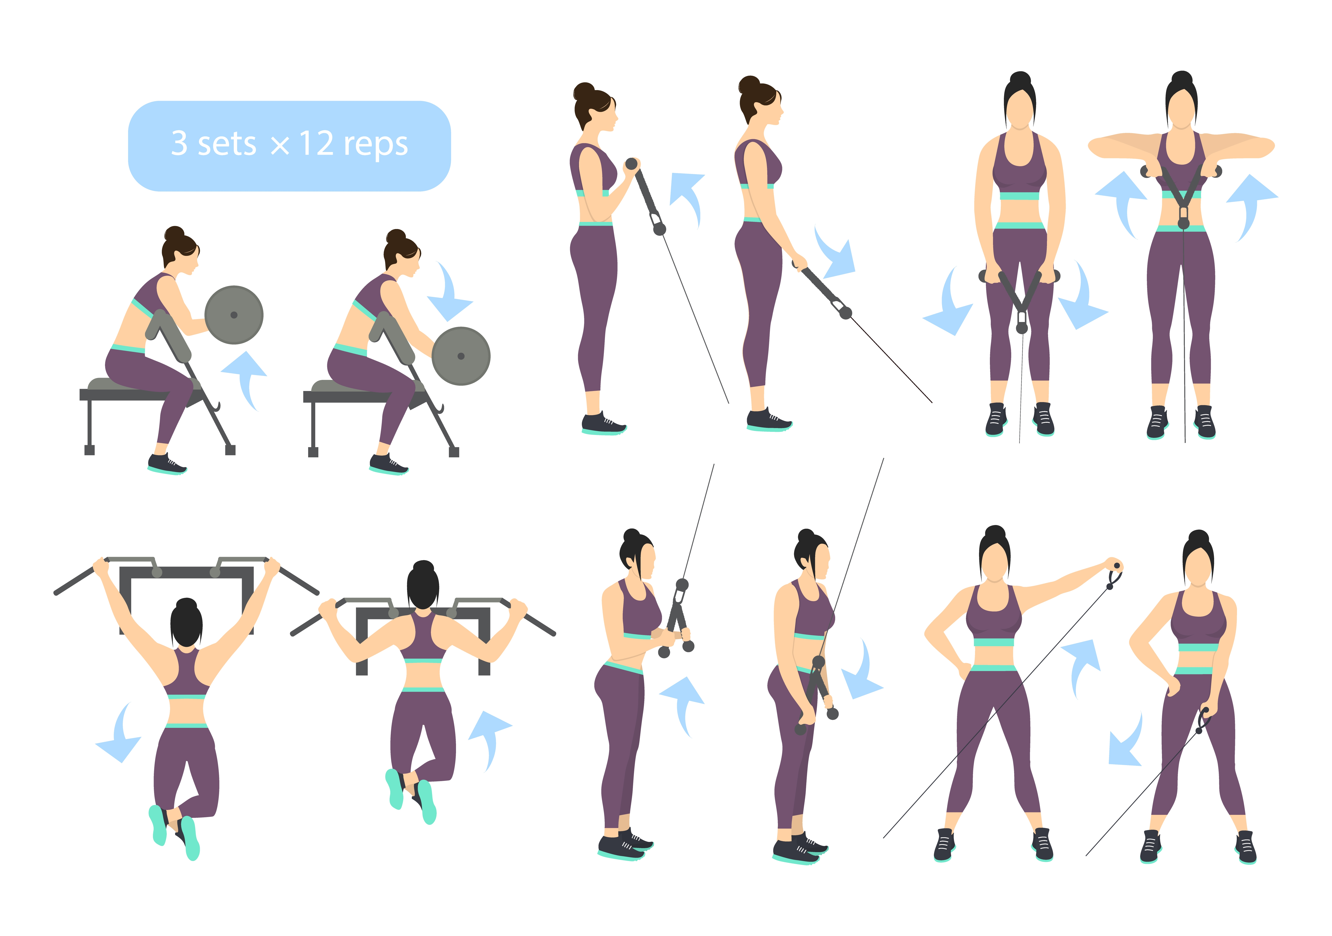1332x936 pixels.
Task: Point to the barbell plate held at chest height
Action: [234, 315]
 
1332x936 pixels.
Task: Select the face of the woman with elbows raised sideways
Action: [1182, 110]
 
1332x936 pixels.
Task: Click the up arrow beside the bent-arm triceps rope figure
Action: [683, 705]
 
